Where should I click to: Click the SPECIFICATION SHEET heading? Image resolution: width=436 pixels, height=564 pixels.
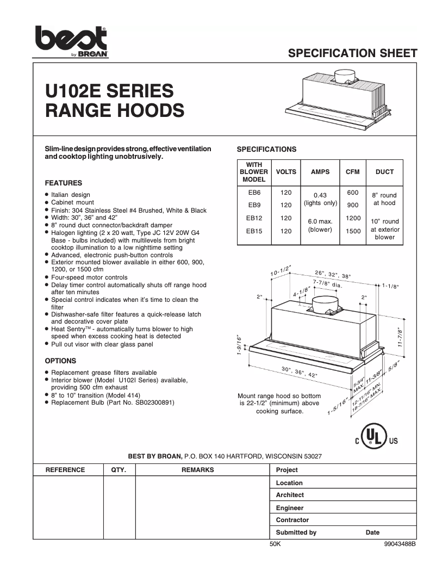352,53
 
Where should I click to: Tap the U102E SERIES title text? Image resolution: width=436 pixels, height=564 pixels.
109,90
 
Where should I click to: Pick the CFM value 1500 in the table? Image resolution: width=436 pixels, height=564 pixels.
353,231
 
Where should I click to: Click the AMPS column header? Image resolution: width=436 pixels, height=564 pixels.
320,172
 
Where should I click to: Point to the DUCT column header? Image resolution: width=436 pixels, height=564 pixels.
384,172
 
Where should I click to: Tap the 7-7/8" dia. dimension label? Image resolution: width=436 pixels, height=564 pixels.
327,283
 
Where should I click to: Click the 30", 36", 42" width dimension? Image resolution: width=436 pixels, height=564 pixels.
300,373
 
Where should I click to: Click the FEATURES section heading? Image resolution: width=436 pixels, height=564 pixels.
63,183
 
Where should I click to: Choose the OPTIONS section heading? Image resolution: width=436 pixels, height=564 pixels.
60,361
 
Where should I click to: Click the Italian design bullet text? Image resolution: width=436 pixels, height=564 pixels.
71,195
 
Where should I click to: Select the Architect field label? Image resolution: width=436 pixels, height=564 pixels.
290,495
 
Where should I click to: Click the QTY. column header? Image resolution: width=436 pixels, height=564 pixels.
119,470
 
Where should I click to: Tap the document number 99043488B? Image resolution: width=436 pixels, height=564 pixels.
400,543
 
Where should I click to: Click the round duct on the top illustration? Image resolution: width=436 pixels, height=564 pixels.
344,77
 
